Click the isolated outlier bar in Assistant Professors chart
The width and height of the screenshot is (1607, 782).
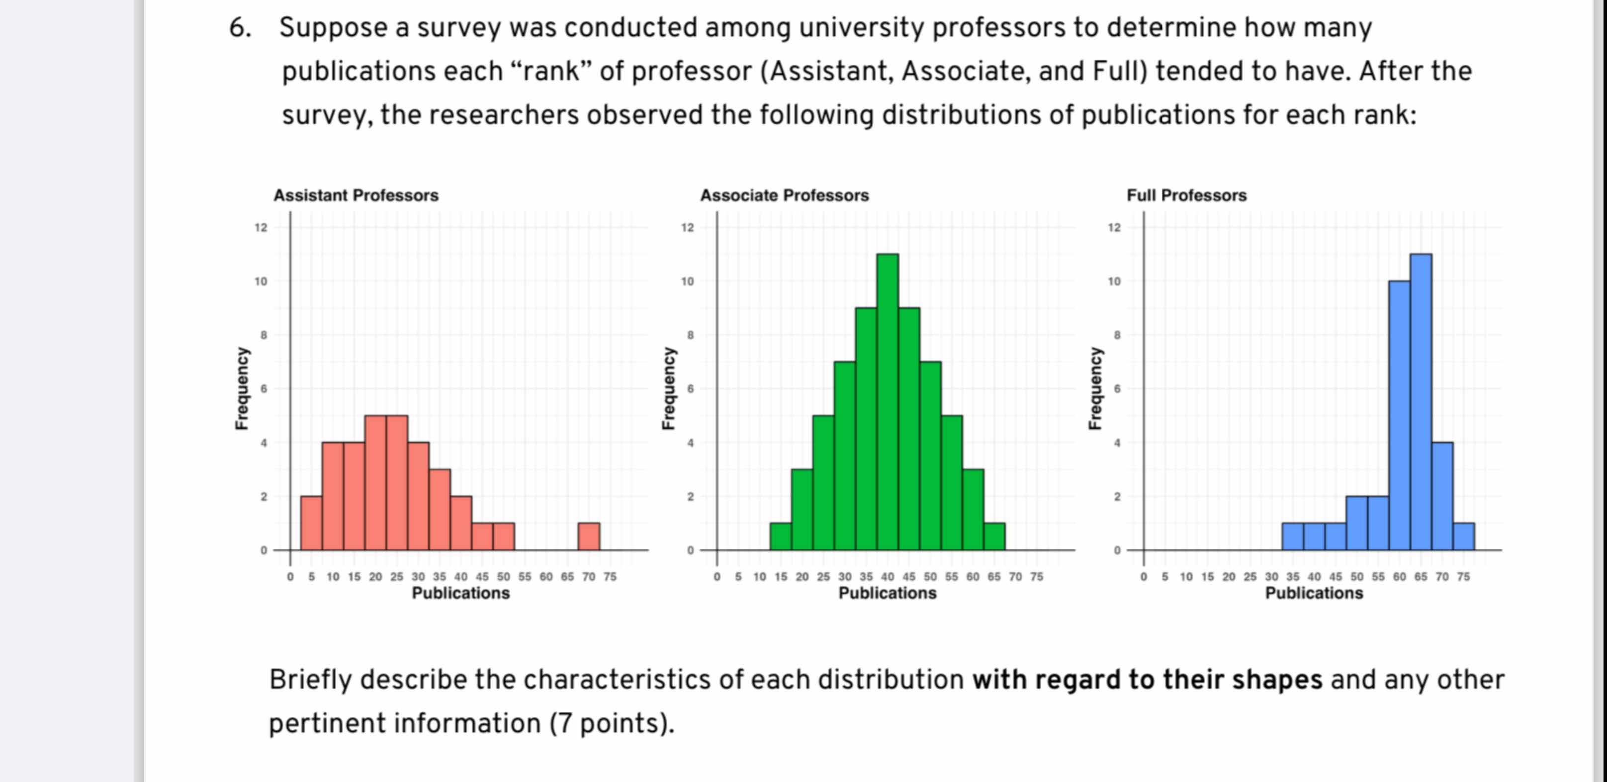click(x=588, y=536)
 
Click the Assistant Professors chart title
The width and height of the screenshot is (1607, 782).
click(x=356, y=195)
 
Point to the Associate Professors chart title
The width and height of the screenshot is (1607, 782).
click(x=784, y=195)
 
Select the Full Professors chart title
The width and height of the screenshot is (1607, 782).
click(x=1186, y=195)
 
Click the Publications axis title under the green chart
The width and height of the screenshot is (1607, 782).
click(x=887, y=593)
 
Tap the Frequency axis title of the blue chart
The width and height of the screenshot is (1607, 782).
click(x=1094, y=388)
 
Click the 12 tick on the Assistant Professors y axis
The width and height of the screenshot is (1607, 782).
click(x=261, y=228)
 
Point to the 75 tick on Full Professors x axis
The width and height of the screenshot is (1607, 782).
click(x=1463, y=577)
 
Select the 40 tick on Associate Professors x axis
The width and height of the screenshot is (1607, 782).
click(x=887, y=577)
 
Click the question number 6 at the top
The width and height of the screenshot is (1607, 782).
click(x=240, y=28)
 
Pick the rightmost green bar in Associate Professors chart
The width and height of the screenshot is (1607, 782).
click(x=994, y=536)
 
